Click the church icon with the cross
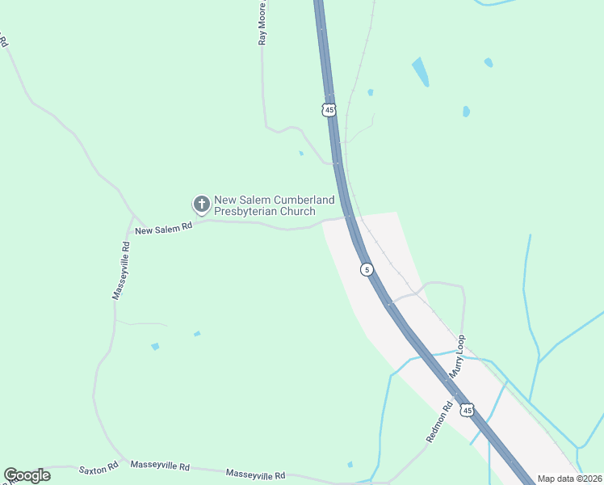tap(201, 202)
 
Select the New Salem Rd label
tap(164, 230)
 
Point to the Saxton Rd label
tap(99, 468)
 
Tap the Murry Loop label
tap(458, 356)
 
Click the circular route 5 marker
tap(367, 269)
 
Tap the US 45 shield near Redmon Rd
tap(467, 411)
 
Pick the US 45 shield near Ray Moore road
tap(328, 109)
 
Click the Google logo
tap(27, 475)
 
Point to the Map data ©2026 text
tap(569, 479)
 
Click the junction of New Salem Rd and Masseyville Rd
tap(131, 217)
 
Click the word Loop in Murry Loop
tap(461, 345)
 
